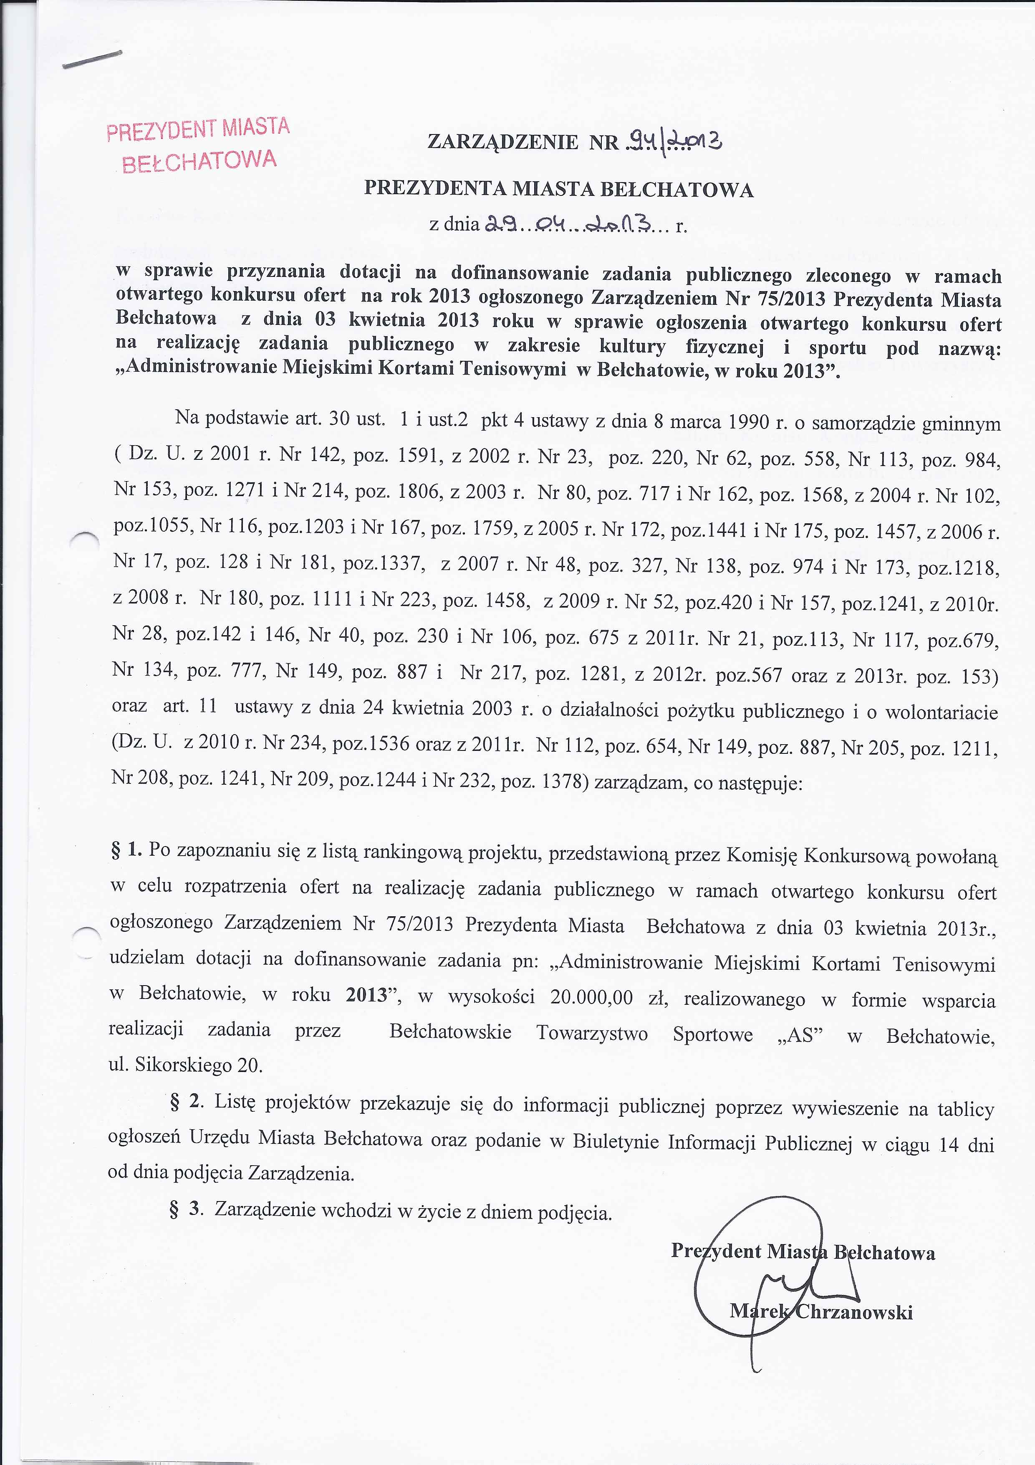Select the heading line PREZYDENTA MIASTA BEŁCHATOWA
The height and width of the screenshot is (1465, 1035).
(559, 190)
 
